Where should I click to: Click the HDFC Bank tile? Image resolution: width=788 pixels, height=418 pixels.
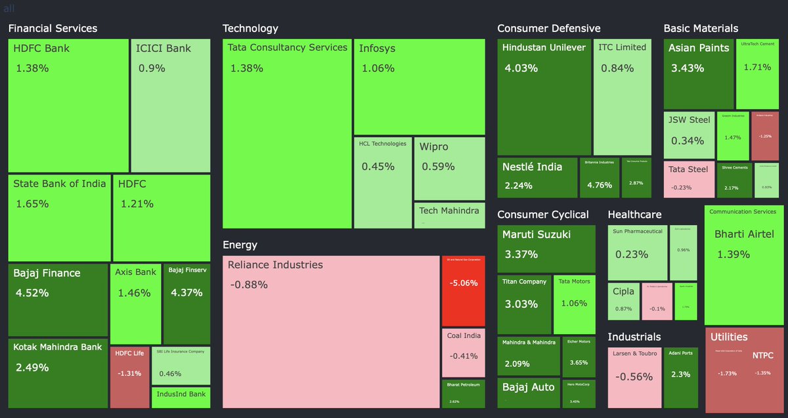click(68, 105)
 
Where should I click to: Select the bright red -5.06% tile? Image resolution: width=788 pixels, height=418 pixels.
click(463, 290)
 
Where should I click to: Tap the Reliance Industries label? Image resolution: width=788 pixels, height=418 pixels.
click(275, 265)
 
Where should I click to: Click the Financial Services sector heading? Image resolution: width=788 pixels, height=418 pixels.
click(53, 28)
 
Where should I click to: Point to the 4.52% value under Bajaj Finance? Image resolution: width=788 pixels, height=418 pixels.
click(32, 293)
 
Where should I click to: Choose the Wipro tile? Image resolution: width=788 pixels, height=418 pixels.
click(449, 168)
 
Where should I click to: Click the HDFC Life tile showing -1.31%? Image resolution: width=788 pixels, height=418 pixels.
click(129, 377)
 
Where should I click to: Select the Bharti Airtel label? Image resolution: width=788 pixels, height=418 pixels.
click(744, 234)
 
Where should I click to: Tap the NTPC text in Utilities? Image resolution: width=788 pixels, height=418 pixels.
click(762, 355)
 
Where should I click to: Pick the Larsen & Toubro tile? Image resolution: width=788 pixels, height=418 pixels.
click(634, 377)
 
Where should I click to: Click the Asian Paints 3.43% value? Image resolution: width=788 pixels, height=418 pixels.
click(688, 68)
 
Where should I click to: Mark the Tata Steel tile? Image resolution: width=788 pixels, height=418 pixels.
click(688, 178)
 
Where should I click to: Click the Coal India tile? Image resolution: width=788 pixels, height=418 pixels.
click(463, 352)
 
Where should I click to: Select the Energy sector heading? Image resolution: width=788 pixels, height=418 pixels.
click(240, 245)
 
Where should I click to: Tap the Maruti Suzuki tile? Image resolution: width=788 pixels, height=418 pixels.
click(546, 248)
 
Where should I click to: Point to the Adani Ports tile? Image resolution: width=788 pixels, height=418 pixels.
click(680, 377)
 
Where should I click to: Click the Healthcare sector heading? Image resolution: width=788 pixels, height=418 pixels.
click(634, 215)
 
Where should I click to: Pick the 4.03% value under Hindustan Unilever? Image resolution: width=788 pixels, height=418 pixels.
click(521, 68)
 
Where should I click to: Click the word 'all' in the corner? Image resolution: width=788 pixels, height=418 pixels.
click(9, 9)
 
